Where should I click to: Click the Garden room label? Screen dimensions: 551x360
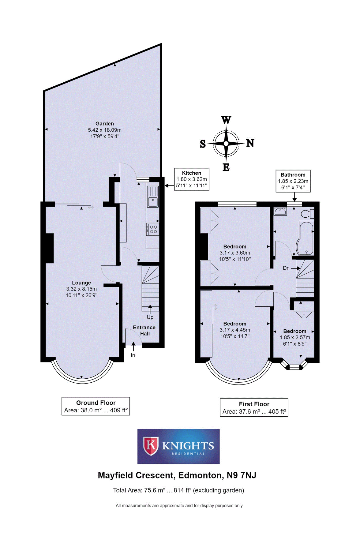coord(105,124)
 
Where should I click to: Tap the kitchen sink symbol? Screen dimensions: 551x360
coord(153,197)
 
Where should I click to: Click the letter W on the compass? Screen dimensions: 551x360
coord(226,120)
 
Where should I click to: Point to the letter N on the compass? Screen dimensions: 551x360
coord(250,143)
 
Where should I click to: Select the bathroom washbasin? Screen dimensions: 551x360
coord(280,211)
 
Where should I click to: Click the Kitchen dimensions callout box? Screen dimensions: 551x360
coord(192,179)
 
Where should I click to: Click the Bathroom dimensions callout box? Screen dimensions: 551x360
coord(293,181)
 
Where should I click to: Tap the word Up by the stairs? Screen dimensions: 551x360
coord(150,317)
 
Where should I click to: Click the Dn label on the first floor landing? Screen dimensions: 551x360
coord(286,268)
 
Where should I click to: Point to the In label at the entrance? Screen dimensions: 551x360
coord(133,355)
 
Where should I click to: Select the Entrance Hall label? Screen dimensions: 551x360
coord(144,330)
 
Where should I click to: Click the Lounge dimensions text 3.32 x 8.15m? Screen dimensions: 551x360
coord(81,289)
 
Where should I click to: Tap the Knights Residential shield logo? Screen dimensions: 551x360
coord(151,446)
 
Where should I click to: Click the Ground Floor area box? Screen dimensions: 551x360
coord(96,406)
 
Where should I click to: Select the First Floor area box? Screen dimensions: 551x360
coord(254,407)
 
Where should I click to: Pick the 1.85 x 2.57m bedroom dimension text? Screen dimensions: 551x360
coord(295,337)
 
